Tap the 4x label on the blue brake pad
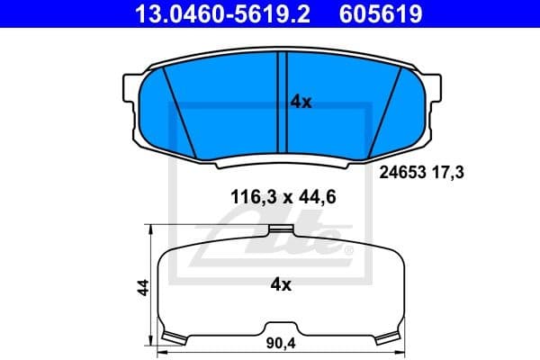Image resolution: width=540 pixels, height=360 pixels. [x=301, y=103]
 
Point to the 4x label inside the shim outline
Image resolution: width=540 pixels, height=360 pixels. [x=281, y=285]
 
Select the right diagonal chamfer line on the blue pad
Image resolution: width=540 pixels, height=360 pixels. [x=383, y=110]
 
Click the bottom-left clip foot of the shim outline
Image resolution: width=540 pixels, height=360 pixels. [x=173, y=337]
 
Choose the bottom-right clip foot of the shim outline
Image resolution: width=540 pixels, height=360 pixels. [x=388, y=337]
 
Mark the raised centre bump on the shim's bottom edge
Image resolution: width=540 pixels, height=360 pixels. [x=281, y=325]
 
